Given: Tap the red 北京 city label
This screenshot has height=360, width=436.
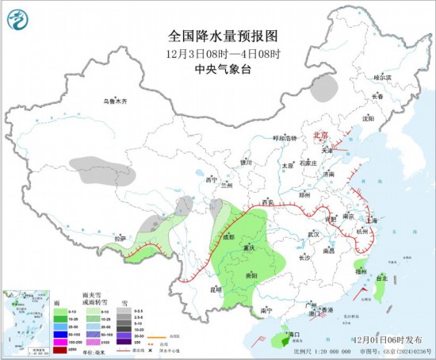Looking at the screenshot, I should point(320,135).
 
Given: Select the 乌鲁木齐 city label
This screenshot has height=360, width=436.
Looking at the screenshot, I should point(116,101).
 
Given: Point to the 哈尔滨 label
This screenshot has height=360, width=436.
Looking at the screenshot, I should point(383,78).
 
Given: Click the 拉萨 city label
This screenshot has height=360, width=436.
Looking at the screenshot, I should point(120,238).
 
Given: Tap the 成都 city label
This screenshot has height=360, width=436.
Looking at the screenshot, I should point(228,236).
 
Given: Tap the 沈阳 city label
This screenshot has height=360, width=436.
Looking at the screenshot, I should point(367,119).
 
